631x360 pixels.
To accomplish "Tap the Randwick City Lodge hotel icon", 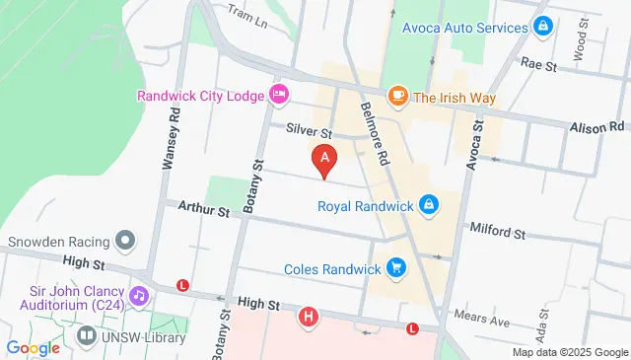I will (x=279, y=95).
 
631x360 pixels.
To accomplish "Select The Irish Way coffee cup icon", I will (x=397, y=96).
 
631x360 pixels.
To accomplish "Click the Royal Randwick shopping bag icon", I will (x=428, y=205).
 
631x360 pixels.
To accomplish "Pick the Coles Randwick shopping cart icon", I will (x=396, y=268).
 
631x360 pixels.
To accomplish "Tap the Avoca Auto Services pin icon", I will (x=542, y=27).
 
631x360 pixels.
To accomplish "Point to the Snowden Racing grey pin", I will (x=124, y=240).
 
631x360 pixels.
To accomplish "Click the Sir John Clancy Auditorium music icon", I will (x=139, y=294).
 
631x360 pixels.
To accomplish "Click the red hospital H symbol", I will (x=310, y=317).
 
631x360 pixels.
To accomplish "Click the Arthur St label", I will (x=203, y=210).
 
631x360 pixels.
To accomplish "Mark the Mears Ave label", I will (x=481, y=318).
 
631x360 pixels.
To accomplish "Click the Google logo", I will (x=33, y=347).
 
